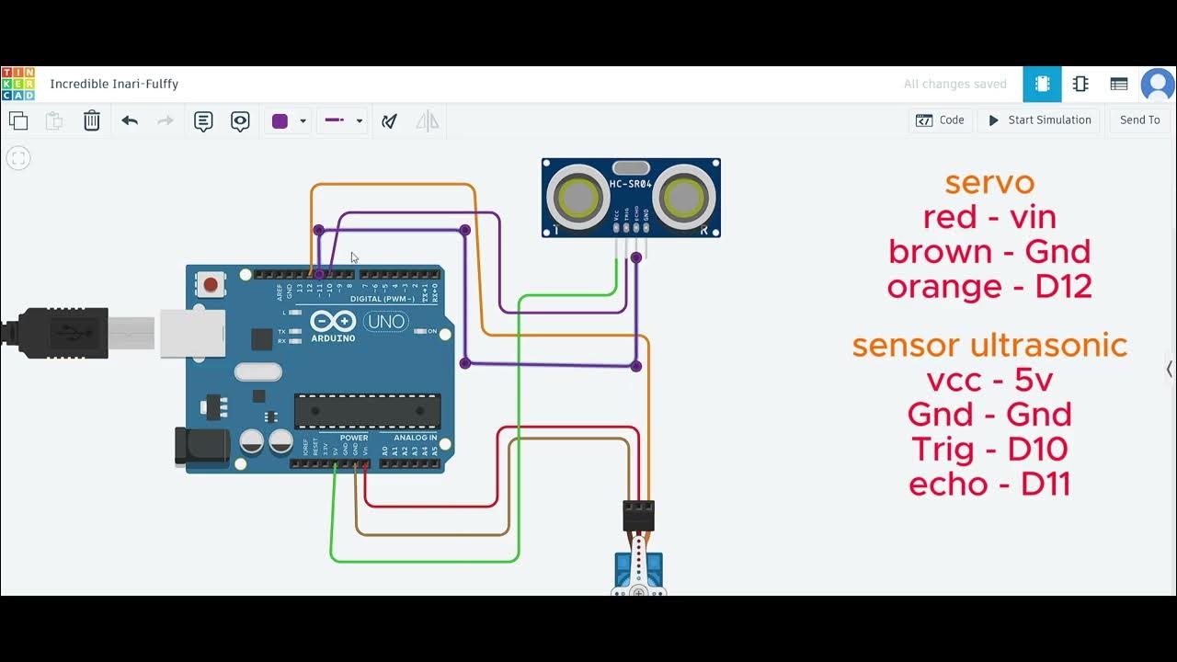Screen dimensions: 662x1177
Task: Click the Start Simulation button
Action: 1039,120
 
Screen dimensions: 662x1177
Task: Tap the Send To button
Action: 1139,120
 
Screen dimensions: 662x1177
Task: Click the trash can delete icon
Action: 92,120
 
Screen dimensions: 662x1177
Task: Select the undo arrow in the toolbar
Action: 130,120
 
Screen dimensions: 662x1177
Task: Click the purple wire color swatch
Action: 280,120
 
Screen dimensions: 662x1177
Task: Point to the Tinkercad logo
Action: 18,84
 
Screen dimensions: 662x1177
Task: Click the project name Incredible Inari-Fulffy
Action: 114,84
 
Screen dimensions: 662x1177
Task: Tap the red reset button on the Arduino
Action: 211,284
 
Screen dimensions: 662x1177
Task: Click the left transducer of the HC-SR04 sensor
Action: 577,196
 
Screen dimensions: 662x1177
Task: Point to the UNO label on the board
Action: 385,322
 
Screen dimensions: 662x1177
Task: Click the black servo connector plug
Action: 638,515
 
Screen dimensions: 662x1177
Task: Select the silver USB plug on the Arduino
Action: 192,333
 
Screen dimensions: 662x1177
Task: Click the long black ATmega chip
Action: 367,411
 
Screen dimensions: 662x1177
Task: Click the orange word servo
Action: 989,182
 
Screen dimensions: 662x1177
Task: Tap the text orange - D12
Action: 989,287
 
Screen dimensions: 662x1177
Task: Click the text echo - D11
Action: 989,485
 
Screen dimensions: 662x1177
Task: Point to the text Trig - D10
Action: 989,450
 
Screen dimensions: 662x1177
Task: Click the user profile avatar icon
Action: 1157,85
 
